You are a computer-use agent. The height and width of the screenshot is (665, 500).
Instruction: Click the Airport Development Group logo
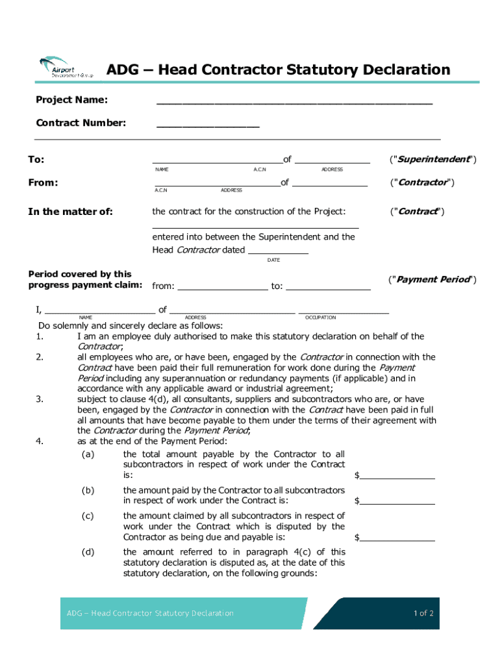tap(65, 68)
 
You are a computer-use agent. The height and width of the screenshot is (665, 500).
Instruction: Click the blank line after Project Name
tap(294, 103)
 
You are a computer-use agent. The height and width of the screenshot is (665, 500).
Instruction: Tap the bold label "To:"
tap(36, 160)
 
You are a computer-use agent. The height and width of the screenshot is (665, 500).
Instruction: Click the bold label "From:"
tap(43, 183)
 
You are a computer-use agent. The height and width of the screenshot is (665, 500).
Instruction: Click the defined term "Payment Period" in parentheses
tap(432, 279)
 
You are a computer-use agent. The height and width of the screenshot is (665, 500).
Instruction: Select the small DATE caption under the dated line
tap(273, 260)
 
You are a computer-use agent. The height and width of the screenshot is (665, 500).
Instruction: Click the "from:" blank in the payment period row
tap(222, 286)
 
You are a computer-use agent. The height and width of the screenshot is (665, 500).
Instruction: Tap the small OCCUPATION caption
tap(320, 318)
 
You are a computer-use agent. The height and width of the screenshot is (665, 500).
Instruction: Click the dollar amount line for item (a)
tap(397, 477)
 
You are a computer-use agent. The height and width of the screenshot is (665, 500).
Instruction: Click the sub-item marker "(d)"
tap(88, 552)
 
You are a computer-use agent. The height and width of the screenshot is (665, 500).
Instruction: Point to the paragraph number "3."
tap(40, 399)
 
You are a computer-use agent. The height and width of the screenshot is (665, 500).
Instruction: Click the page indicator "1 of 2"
tap(423, 613)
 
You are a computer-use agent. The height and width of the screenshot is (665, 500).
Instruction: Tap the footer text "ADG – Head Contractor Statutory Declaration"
tap(150, 613)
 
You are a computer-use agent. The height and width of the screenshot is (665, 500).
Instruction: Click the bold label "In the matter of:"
tap(70, 212)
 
